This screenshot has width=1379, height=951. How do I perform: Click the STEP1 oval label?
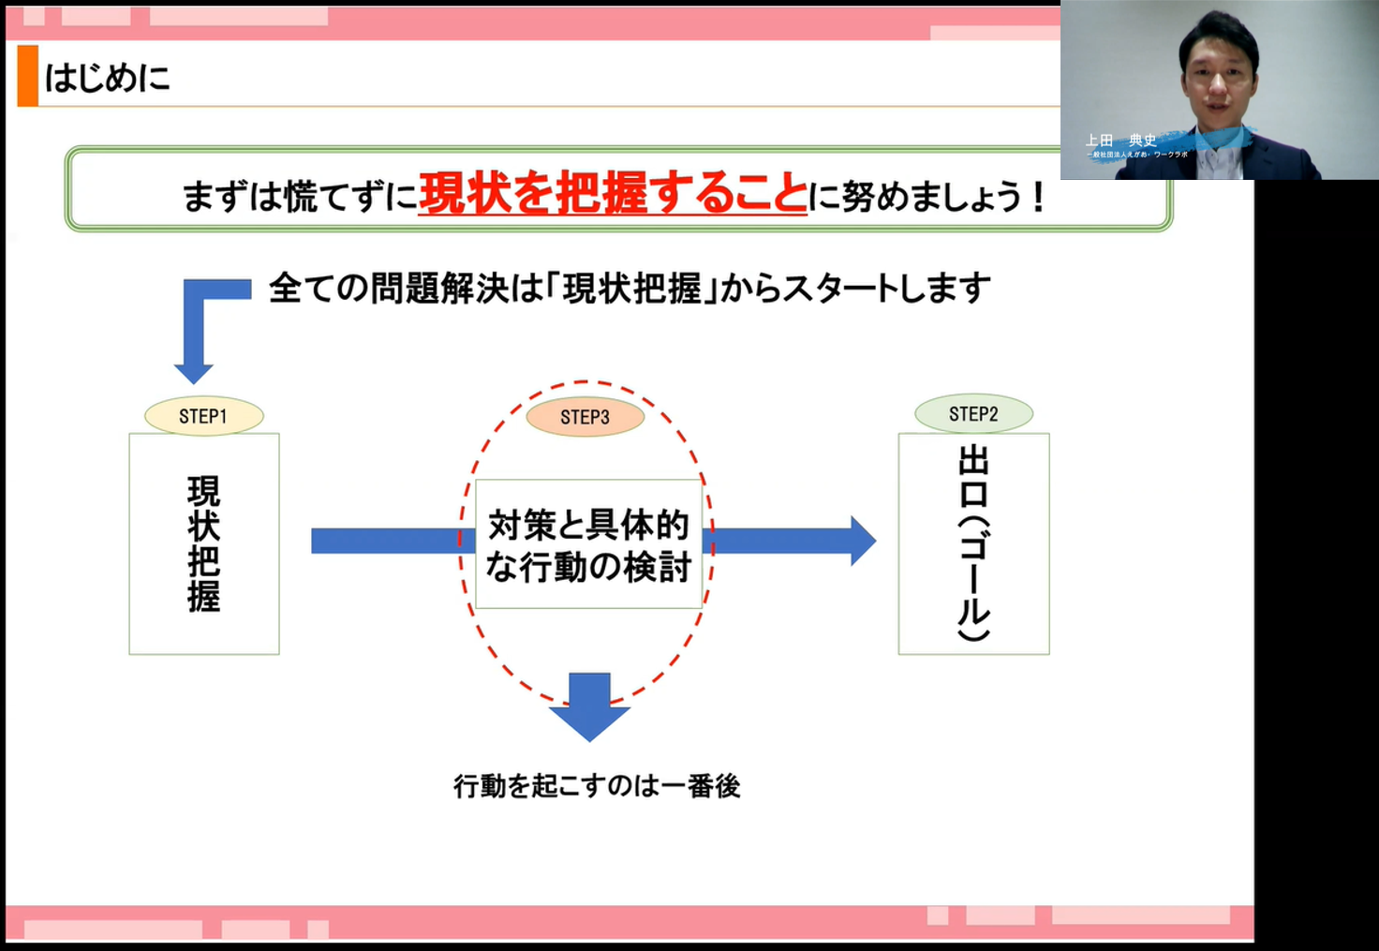tap(203, 416)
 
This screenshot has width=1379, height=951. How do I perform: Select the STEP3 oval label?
tap(586, 417)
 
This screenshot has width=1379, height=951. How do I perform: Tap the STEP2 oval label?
tap(973, 413)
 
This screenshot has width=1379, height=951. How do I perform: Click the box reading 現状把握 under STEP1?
tap(204, 543)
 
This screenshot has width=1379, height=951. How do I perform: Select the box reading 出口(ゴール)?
tap(973, 543)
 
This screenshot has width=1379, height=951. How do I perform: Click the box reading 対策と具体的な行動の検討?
tap(588, 544)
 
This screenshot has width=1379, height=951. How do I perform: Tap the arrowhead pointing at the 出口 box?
tap(861, 541)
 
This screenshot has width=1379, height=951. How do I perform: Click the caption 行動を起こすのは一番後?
tap(597, 785)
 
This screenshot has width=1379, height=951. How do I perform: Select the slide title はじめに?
tap(108, 77)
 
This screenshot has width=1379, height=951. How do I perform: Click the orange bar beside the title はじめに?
tap(28, 76)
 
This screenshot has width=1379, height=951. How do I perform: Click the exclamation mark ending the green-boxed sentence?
tap(1037, 197)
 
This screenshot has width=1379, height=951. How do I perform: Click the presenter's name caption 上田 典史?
tap(1120, 141)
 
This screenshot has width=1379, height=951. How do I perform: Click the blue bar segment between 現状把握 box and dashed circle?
tap(384, 541)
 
